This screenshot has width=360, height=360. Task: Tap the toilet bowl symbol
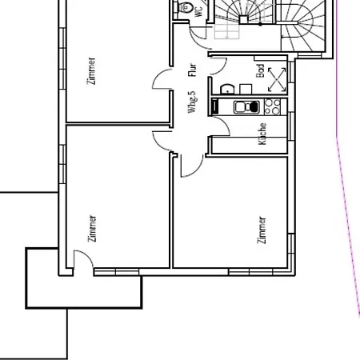[186, 6]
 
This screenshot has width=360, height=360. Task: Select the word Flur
[192, 70]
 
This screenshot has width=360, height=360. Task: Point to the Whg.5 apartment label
[192, 102]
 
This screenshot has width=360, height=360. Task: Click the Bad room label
[260, 70]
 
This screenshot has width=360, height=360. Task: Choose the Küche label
[262, 134]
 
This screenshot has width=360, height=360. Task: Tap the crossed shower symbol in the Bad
[277, 79]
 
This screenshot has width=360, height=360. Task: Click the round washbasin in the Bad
[227, 89]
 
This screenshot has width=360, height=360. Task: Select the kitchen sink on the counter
[246, 107]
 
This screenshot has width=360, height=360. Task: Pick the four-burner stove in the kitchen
[272, 106]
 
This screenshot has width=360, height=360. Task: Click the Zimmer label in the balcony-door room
[92, 229]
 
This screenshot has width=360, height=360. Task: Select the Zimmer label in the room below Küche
[262, 230]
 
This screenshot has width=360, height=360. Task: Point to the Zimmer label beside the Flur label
[91, 71]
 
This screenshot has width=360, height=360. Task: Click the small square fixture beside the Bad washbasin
[246, 89]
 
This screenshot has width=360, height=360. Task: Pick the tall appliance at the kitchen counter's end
[214, 106]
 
